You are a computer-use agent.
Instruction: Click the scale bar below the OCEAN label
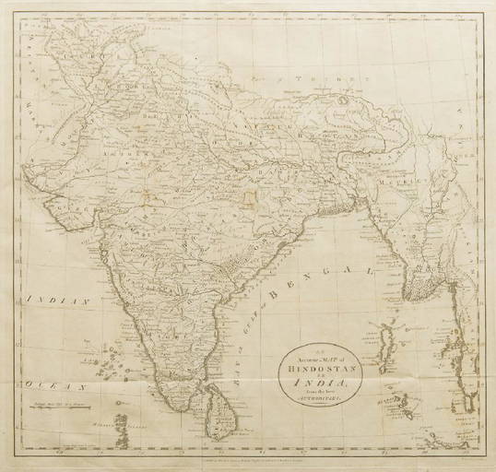(65, 400)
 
